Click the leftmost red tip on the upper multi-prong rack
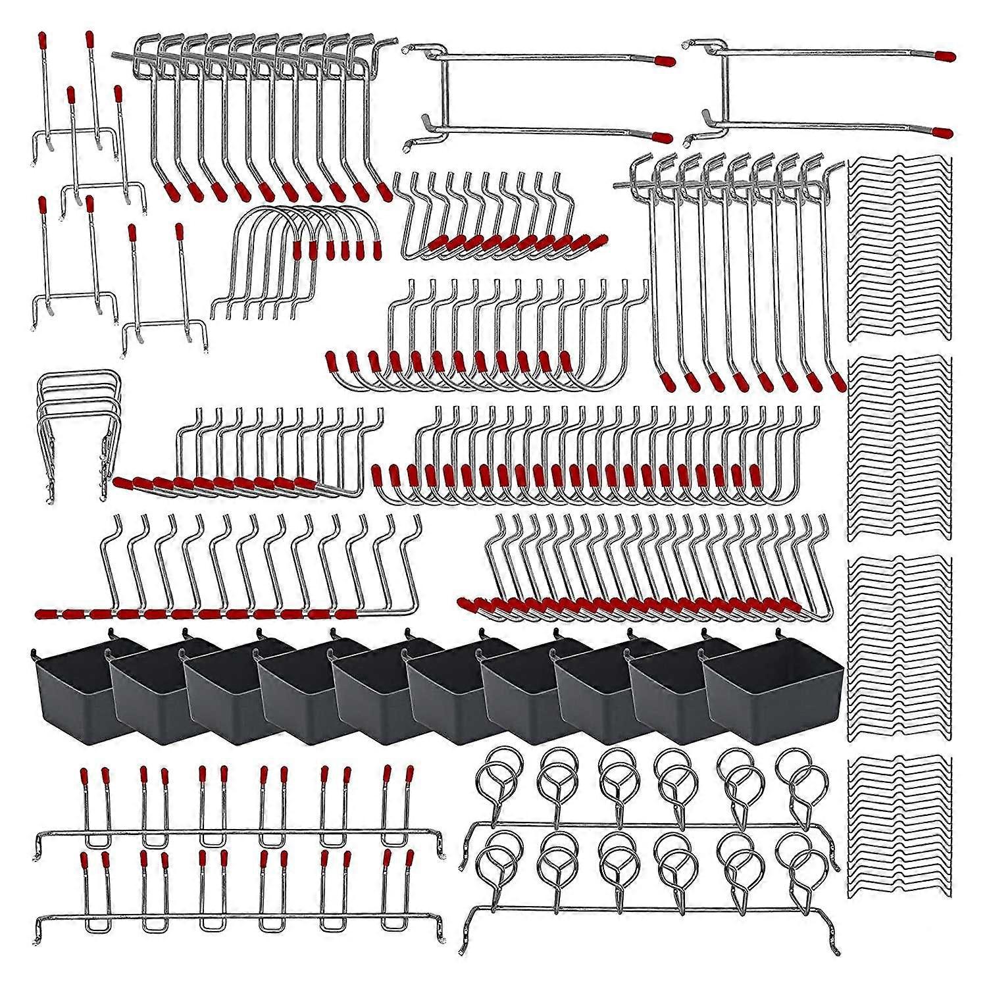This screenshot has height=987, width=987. point(84,775)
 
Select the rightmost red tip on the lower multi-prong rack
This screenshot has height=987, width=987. point(409,858)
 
